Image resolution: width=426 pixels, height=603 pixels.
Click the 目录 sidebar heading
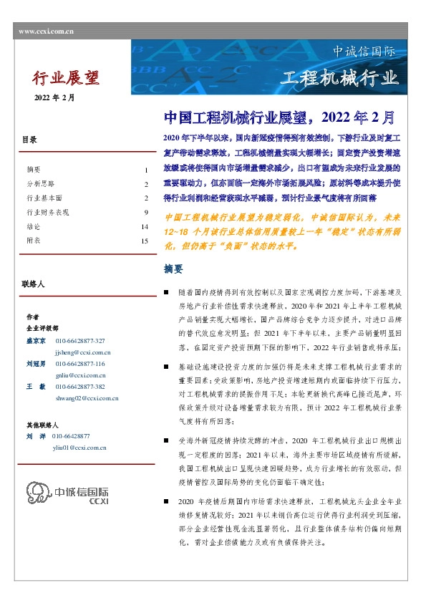(x=29, y=140)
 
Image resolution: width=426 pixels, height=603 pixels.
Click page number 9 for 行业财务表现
(x=145, y=213)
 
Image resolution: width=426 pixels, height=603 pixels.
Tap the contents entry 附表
(x=33, y=241)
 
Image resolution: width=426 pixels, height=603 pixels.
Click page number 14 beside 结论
(x=144, y=227)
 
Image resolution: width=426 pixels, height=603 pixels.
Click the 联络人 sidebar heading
(x=34, y=284)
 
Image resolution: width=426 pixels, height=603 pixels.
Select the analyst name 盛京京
(x=36, y=341)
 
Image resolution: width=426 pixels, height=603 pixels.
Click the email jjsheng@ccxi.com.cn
(x=82, y=352)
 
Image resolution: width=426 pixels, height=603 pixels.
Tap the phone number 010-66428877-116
(x=79, y=364)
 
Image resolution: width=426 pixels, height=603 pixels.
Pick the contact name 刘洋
(x=36, y=436)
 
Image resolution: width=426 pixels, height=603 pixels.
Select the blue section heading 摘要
(x=173, y=269)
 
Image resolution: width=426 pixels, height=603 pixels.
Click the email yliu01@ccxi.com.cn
(x=80, y=447)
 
